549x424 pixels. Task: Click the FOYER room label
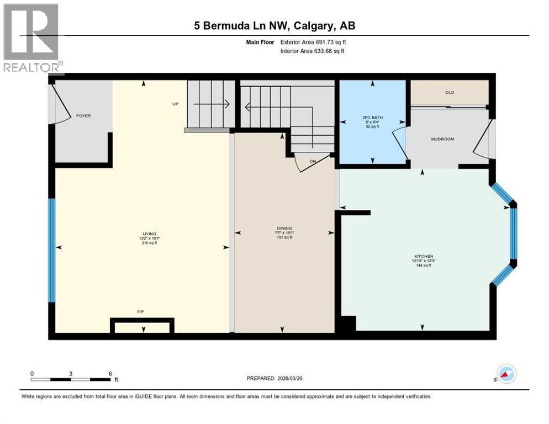click(x=83, y=116)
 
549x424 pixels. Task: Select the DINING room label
click(x=284, y=228)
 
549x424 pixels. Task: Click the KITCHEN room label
click(x=423, y=256)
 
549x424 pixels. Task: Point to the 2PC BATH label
click(x=373, y=118)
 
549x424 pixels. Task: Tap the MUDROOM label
click(x=442, y=139)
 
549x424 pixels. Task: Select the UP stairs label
click(x=175, y=104)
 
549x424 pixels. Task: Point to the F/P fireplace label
click(x=140, y=312)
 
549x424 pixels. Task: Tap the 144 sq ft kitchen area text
click(x=423, y=266)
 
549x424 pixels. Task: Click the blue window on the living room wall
click(x=51, y=250)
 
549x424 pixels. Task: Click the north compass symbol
click(x=505, y=374)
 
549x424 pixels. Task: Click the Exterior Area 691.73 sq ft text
click(x=313, y=42)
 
